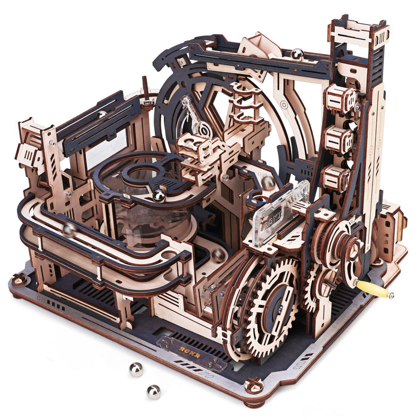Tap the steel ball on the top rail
coord(297,55)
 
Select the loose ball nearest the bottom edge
coord(154,391)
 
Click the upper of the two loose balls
coord(136,369)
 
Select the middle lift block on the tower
coord(340,139)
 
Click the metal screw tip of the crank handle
coord(391,295)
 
